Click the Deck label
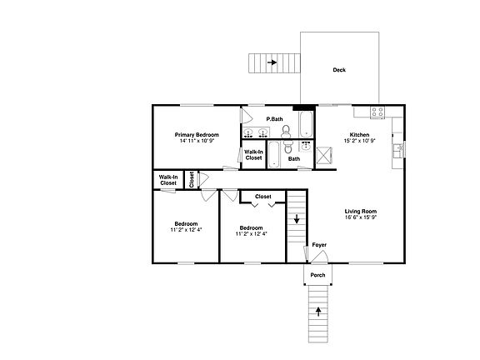[x=339, y=70]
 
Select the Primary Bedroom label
[x=197, y=134]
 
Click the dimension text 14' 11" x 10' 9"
[x=197, y=141]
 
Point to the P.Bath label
[x=274, y=120]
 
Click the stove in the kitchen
[x=377, y=112]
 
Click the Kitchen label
[x=359, y=134]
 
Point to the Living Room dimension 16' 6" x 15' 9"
[x=361, y=218]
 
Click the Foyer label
[x=319, y=245]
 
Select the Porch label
[x=317, y=275]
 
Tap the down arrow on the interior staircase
[x=297, y=221]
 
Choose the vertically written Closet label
[x=192, y=179]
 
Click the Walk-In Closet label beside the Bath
[x=253, y=154]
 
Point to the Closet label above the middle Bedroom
[x=263, y=197]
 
